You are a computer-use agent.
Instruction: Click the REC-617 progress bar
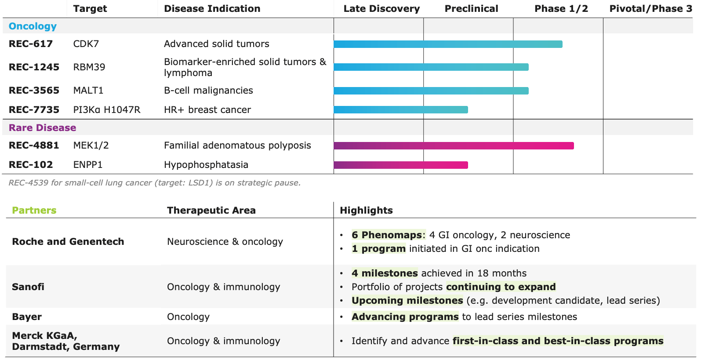[448, 44]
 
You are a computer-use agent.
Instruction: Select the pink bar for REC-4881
[454, 146]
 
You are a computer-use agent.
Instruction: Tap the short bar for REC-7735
[401, 109]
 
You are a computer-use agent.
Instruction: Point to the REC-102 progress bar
[401, 165]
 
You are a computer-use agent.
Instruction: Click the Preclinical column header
[471, 9]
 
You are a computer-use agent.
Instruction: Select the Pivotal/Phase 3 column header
[650, 9]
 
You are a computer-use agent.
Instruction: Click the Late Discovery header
[381, 9]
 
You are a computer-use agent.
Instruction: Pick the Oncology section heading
[33, 26]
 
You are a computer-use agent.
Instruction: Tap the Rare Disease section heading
[42, 128]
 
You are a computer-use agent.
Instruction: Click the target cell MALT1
[88, 91]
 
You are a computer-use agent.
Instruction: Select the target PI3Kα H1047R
[107, 110]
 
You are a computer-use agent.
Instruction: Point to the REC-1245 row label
[34, 67]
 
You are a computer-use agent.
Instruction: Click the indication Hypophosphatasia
[206, 165]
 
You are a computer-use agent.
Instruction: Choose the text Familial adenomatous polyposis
[237, 145]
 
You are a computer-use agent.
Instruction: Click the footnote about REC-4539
[155, 183]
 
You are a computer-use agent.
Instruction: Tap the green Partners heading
[34, 211]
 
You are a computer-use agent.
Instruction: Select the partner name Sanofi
[28, 287]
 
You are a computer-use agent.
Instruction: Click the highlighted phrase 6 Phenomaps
[387, 235]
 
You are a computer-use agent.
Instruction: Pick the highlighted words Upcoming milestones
[407, 301]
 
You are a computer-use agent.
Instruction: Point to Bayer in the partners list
[27, 317]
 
